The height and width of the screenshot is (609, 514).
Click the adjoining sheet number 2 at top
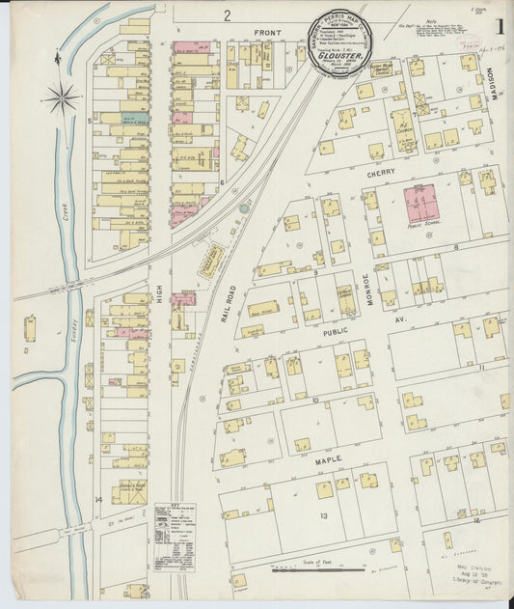(228, 14)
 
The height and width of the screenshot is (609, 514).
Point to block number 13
(325, 515)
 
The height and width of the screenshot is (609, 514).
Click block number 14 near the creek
(98, 499)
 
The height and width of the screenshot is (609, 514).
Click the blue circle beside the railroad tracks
(244, 208)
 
